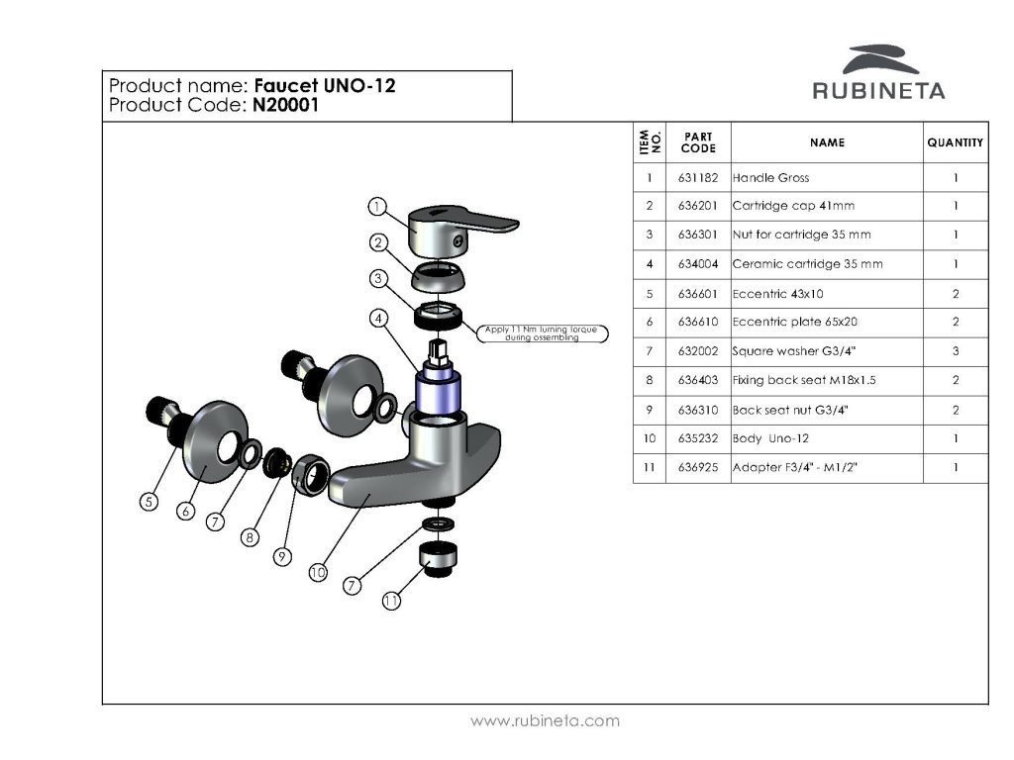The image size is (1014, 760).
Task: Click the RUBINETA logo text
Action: pos(878,90)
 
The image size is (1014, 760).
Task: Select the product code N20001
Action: pos(285,105)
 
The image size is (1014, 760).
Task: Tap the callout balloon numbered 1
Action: pos(377,207)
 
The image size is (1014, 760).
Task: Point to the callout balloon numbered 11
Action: pos(391,601)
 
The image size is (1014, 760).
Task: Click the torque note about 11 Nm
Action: pos(542,333)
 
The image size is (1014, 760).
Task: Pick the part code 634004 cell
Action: pos(698,263)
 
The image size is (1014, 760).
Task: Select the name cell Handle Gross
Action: pos(770,178)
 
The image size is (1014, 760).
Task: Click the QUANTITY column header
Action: pos(955,142)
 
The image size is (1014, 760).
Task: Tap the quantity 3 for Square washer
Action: pos(956,351)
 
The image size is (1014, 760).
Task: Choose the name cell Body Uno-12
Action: pos(770,438)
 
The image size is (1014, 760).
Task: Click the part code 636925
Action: pos(698,467)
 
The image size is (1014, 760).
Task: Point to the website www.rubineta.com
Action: pos(545,720)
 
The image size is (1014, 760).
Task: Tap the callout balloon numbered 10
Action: pos(318,573)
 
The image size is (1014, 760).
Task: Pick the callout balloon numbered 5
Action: pos(150,502)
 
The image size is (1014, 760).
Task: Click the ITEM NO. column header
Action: pos(650,142)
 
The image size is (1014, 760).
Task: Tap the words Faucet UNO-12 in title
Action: pos(325,85)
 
